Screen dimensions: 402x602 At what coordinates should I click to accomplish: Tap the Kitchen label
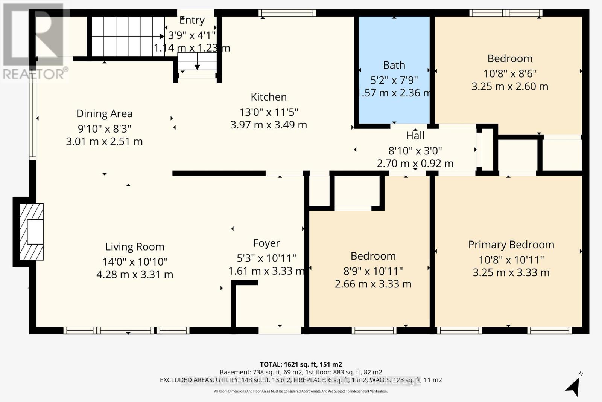(x=269, y=97)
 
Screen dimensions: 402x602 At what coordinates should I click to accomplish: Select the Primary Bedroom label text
(x=511, y=245)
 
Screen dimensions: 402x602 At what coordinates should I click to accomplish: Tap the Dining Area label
(x=104, y=114)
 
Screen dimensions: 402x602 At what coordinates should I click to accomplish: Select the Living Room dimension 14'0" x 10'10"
(x=135, y=261)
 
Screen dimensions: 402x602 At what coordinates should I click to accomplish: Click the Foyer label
(x=266, y=243)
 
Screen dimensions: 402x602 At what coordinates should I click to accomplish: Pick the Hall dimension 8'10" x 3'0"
(x=415, y=151)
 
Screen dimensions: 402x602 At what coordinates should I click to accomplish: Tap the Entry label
(x=192, y=20)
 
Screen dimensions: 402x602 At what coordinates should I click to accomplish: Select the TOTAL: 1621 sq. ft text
(x=301, y=364)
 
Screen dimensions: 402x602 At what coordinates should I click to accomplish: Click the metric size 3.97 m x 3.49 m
(x=269, y=125)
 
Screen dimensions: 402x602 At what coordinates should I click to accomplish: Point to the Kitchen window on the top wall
(x=287, y=13)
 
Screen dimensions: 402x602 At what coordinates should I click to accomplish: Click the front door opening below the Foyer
(x=280, y=330)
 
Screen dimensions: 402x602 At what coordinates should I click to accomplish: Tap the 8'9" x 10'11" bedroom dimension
(x=373, y=271)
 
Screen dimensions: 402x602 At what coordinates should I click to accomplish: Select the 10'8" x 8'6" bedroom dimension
(x=510, y=73)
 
